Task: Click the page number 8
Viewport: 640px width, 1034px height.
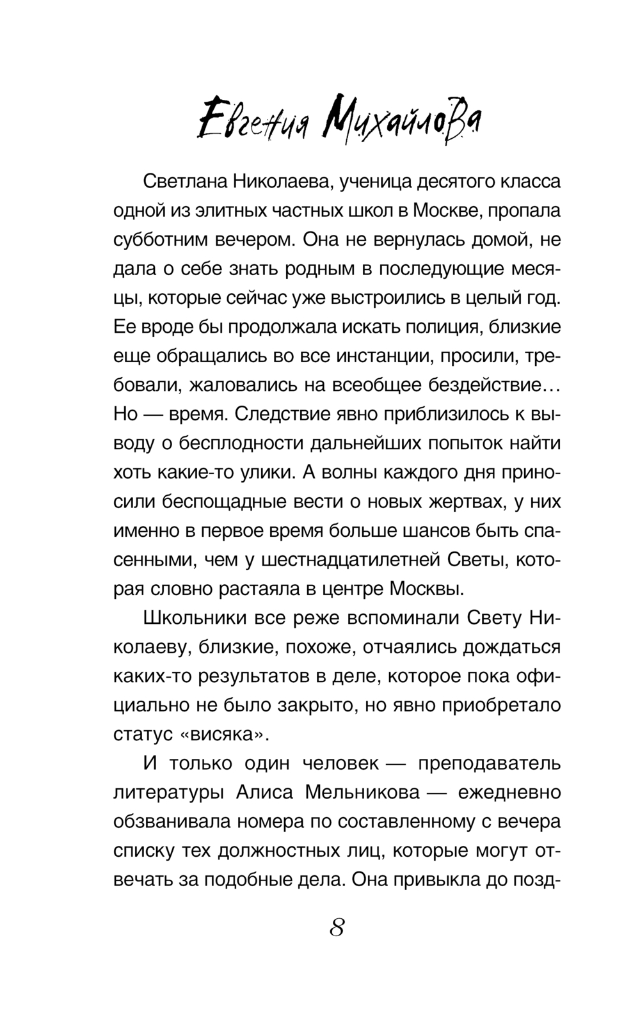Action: [x=337, y=927]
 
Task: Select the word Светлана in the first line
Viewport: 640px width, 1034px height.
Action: [x=184, y=182]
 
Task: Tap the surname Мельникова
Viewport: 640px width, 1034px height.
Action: [x=362, y=792]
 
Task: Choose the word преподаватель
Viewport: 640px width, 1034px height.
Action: [x=489, y=763]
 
